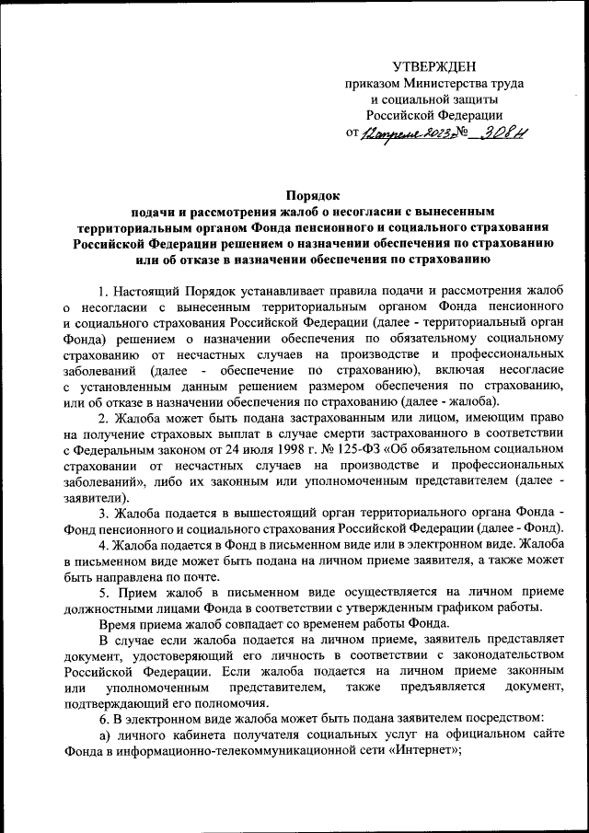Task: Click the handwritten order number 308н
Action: [508, 133]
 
